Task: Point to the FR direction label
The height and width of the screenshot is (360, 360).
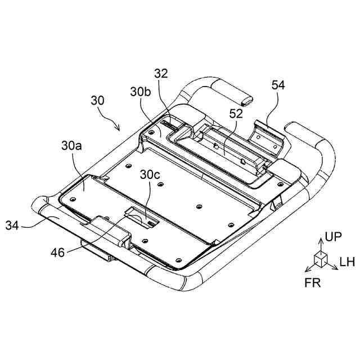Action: coord(313,282)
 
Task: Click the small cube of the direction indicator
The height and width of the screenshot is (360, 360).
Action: coord(320,258)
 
